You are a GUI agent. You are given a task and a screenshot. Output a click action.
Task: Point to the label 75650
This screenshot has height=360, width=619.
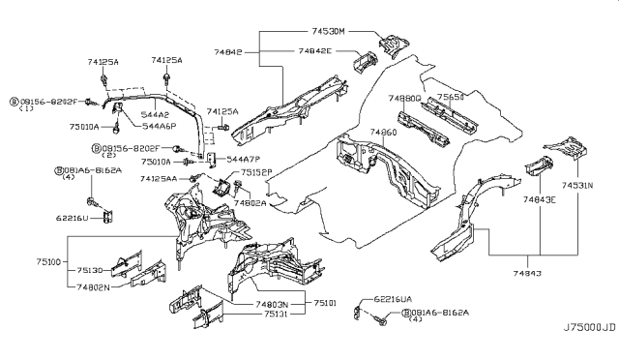451,98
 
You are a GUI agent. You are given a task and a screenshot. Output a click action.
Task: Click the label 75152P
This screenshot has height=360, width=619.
258,172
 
